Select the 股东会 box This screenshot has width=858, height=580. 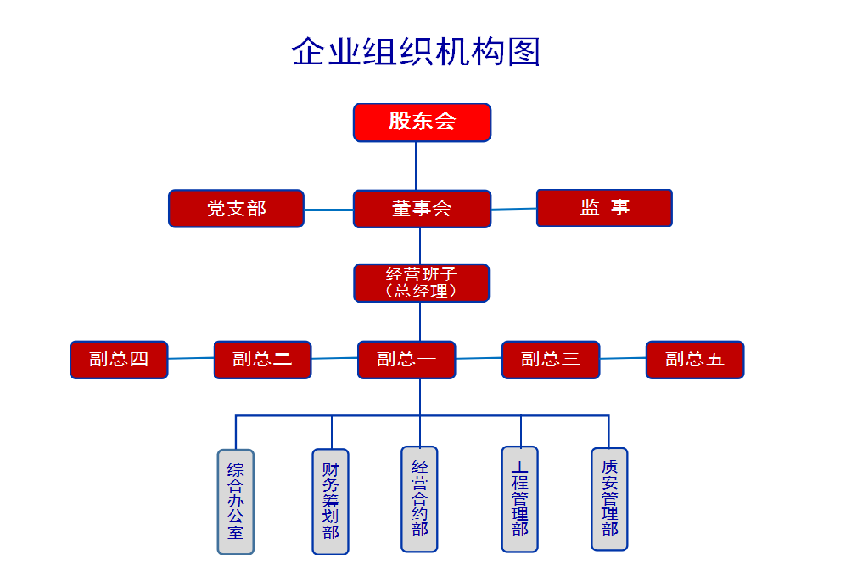422,122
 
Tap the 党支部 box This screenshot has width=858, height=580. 236,209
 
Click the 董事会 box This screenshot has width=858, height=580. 422,209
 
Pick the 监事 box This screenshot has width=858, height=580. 605,208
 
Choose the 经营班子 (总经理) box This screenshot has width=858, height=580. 422,283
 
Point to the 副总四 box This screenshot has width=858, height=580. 118,360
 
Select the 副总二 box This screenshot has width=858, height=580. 263,360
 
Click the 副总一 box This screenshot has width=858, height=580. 407,360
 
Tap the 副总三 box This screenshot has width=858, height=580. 551,360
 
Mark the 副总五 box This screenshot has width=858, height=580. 695,360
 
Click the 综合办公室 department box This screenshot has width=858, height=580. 236,502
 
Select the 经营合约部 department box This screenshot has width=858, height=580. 420,499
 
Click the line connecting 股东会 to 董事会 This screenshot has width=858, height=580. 417,165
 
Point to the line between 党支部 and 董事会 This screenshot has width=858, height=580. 329,210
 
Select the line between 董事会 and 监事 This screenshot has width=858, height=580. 513,209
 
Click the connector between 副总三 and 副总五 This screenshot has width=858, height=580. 624,358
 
